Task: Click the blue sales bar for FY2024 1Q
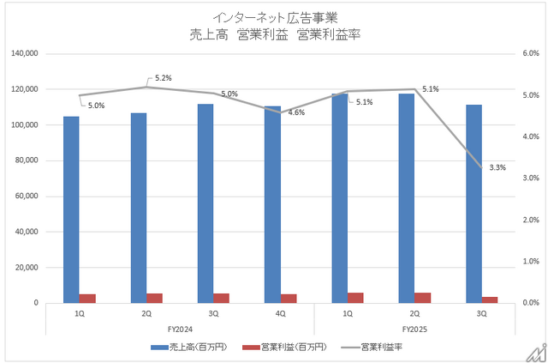(71, 209)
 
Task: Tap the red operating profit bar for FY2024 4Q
(289, 299)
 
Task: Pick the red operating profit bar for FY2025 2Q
(423, 298)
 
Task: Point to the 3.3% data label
(497, 168)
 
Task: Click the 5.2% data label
(164, 78)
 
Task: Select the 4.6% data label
(297, 112)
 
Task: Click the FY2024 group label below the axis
(180, 330)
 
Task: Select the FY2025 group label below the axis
(414, 330)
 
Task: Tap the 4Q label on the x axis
(281, 314)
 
